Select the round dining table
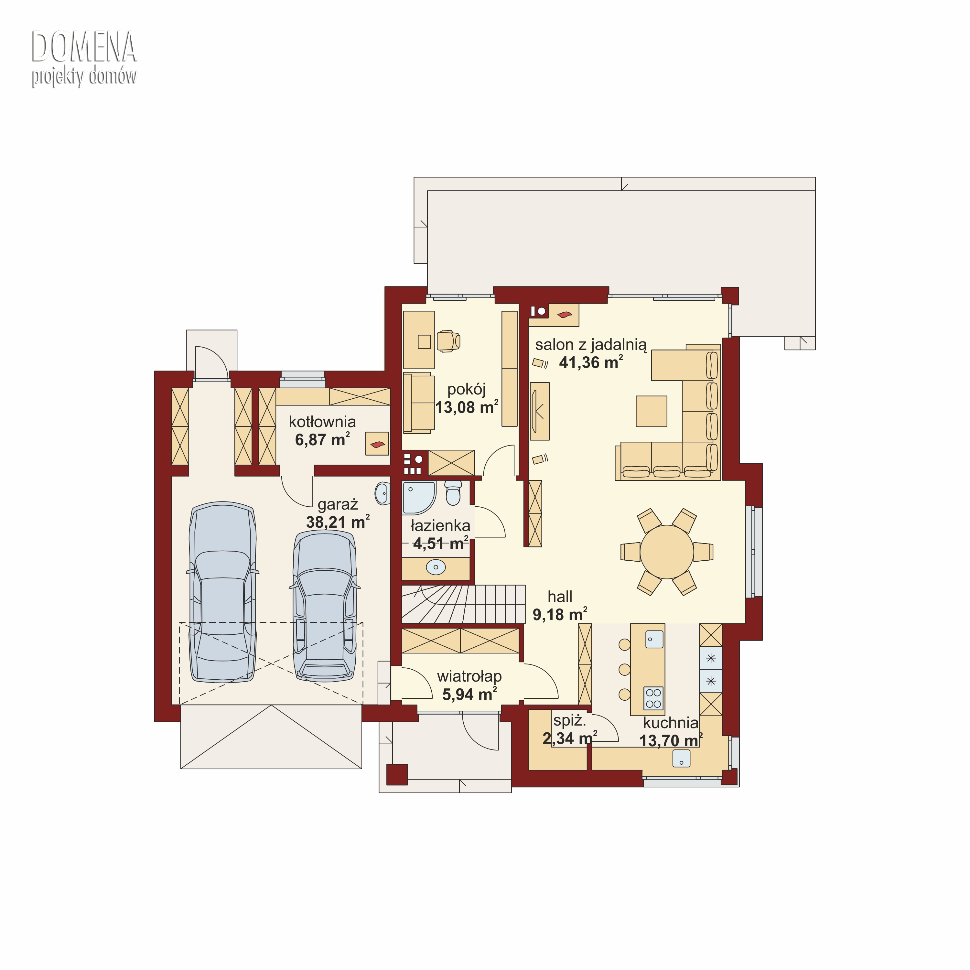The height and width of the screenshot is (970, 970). pyautogui.click(x=667, y=552)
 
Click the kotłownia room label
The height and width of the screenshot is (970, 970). pyautogui.click(x=322, y=421)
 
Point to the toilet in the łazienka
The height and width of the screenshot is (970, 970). pyautogui.click(x=453, y=492)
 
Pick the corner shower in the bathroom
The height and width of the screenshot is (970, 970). pyautogui.click(x=418, y=498)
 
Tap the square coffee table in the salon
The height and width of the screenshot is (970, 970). pyautogui.click(x=652, y=411)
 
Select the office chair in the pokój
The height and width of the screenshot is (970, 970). pyautogui.click(x=448, y=341)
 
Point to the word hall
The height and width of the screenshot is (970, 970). pyautogui.click(x=560, y=597)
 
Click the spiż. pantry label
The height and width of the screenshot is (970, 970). pyautogui.click(x=570, y=721)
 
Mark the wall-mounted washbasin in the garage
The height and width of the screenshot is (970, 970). pyautogui.click(x=383, y=493)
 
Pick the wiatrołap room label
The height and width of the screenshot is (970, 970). pyautogui.click(x=469, y=676)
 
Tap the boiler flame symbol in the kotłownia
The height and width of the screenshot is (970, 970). pyautogui.click(x=377, y=444)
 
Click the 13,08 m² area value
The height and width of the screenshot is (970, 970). pyautogui.click(x=467, y=407)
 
